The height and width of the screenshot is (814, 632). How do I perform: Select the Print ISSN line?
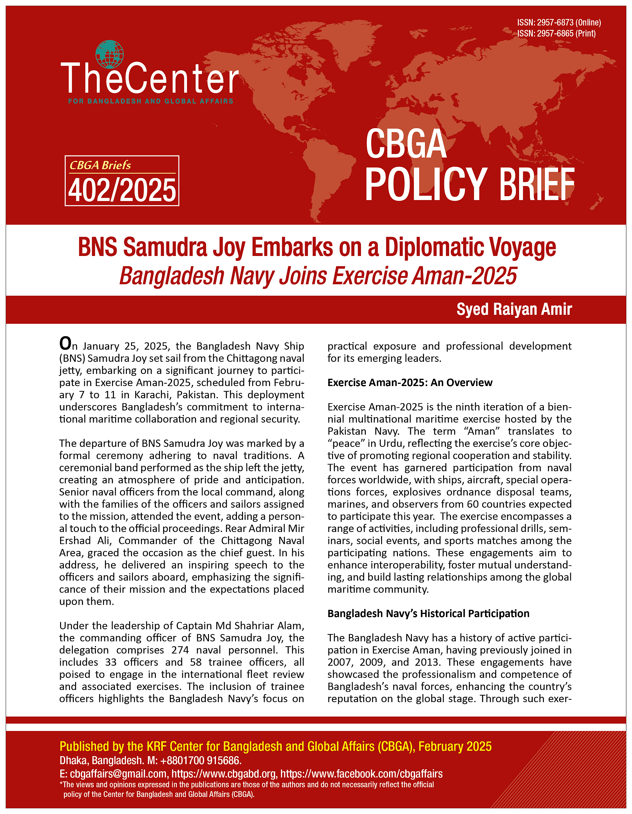[x=556, y=33]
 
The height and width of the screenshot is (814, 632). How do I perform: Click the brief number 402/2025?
[x=122, y=190]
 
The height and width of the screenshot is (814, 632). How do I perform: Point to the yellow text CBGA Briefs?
[x=100, y=165]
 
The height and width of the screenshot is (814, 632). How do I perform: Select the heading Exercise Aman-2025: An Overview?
[x=410, y=383]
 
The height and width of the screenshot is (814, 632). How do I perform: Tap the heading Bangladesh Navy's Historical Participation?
[x=428, y=613]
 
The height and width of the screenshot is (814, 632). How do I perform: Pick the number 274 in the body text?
[x=180, y=650]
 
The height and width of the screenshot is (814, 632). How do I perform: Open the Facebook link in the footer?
[x=361, y=774]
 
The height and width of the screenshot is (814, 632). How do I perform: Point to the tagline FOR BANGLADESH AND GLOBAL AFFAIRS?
[x=151, y=101]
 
